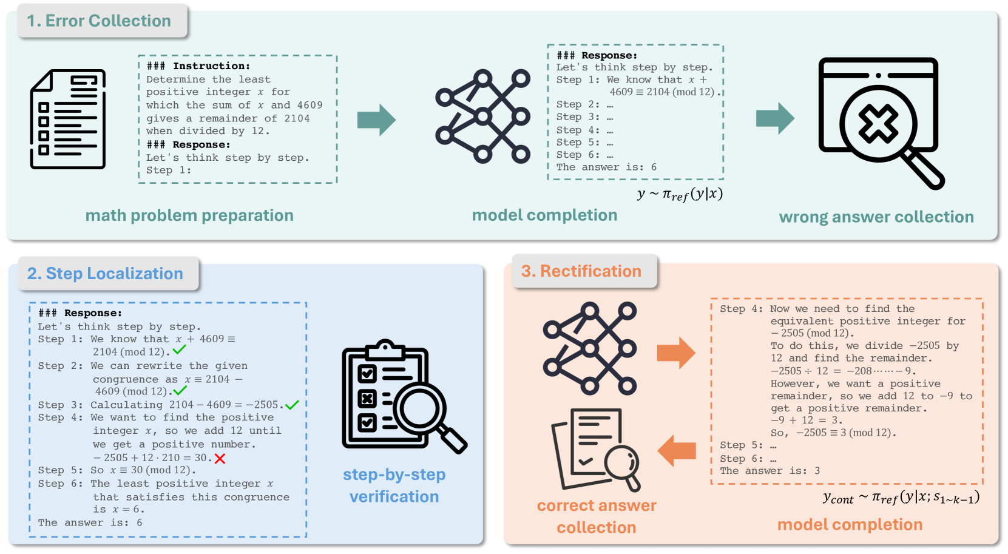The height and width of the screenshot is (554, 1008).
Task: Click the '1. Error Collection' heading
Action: click(x=99, y=21)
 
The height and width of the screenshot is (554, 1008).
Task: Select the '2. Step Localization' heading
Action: click(x=105, y=274)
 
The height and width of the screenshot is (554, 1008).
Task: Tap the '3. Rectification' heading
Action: click(x=581, y=271)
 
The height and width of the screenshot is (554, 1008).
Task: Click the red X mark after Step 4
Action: click(x=220, y=459)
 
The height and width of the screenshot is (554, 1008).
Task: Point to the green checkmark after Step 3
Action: click(x=292, y=405)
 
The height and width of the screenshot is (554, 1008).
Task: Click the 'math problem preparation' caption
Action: click(x=189, y=215)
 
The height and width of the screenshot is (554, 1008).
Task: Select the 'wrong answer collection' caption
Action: click(x=876, y=217)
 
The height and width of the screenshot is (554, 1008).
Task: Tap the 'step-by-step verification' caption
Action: click(x=394, y=485)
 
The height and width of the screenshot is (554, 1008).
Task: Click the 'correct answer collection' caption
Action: click(x=597, y=516)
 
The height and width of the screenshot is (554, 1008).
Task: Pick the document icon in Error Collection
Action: click(x=68, y=119)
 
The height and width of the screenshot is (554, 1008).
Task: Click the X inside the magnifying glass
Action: click(x=878, y=123)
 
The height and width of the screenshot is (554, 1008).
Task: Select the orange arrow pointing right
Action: click(x=676, y=353)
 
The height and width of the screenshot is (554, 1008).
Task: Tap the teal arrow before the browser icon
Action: click(x=775, y=118)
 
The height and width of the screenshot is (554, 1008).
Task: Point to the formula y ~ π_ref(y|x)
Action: click(x=680, y=194)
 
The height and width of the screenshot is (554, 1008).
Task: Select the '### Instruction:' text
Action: click(x=198, y=66)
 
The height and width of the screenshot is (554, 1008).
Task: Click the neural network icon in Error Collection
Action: click(x=483, y=117)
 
